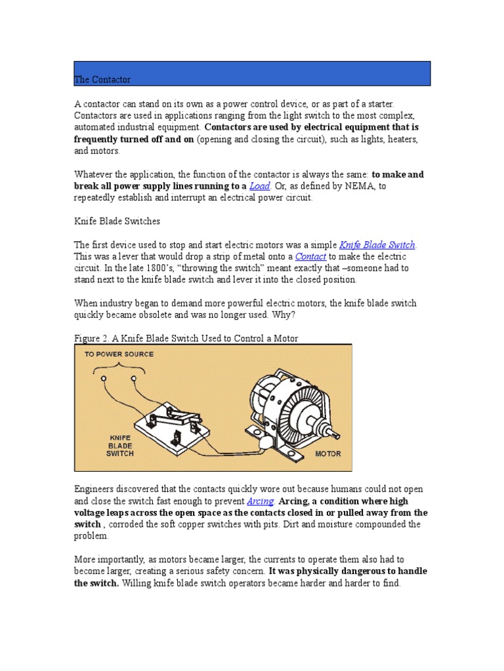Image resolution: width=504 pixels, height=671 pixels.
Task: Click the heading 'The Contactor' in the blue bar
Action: point(102,79)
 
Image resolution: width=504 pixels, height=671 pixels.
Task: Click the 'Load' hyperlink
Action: point(259,186)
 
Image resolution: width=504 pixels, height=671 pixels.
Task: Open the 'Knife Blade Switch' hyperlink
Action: point(377,245)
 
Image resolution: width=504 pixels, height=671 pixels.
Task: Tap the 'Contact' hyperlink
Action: point(310,257)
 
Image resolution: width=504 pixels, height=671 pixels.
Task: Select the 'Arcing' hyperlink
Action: point(260,501)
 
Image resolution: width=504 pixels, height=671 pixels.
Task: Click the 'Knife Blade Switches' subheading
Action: point(117,221)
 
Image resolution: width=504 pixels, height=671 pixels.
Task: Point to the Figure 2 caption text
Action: point(186,339)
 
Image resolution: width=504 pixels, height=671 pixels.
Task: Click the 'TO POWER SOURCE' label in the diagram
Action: point(119,355)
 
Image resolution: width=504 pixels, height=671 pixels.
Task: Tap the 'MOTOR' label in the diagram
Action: point(328,453)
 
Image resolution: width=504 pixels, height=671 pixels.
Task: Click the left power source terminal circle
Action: point(103,379)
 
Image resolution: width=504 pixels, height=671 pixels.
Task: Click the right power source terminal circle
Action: point(134,379)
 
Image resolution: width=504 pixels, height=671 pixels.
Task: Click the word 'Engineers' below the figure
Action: point(95,489)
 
